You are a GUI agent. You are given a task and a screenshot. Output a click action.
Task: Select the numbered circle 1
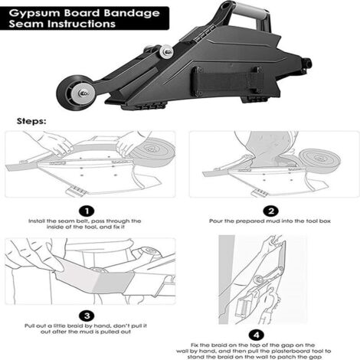(x=89, y=210)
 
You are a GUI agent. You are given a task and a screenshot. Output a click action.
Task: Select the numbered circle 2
(x=269, y=210)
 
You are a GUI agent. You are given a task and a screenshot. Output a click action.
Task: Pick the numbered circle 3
(x=89, y=314)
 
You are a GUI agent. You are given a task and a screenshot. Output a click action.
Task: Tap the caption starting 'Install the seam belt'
(x=89, y=224)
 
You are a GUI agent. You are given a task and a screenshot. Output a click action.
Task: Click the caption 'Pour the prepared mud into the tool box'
(x=269, y=221)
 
